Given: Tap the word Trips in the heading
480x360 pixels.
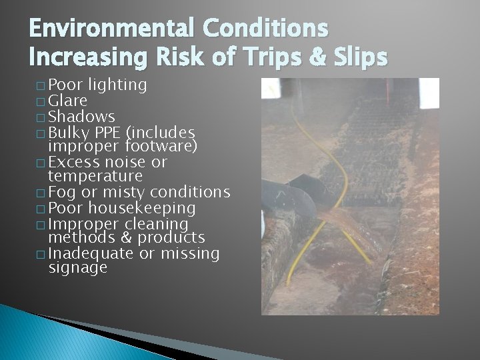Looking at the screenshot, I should [x=272, y=58].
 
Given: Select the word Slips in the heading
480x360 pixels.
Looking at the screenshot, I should [x=359, y=58].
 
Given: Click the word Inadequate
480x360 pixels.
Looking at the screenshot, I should [x=91, y=253].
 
